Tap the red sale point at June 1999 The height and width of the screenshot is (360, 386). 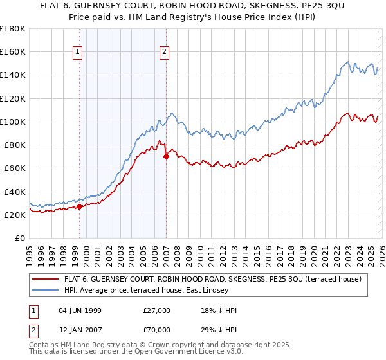79,206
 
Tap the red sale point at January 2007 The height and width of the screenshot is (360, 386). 166,156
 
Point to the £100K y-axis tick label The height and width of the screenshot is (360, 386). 12,122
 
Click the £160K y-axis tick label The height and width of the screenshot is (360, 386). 12,51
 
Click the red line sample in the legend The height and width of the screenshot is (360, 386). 46,279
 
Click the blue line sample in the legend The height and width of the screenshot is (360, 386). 46,290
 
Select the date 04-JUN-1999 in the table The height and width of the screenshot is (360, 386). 79,310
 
